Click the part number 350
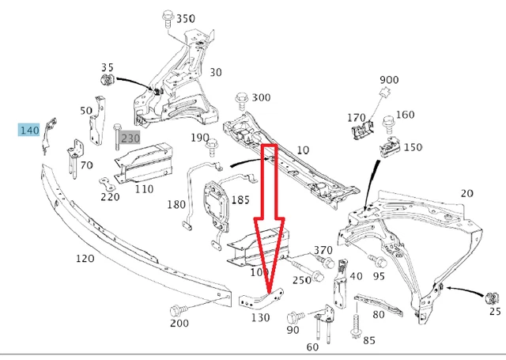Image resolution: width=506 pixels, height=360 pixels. point(185,18)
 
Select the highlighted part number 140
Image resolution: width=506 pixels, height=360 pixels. point(30,130)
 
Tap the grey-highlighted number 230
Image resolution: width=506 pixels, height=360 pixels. point(130,137)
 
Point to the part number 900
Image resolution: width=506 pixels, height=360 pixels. point(389,81)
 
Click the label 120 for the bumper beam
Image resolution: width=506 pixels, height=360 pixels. point(85,259)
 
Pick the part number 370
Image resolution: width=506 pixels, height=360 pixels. point(323,250)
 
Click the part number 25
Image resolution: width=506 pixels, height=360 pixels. point(495,312)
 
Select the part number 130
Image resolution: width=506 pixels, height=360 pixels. point(260,317)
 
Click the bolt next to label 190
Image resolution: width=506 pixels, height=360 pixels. point(212,146)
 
